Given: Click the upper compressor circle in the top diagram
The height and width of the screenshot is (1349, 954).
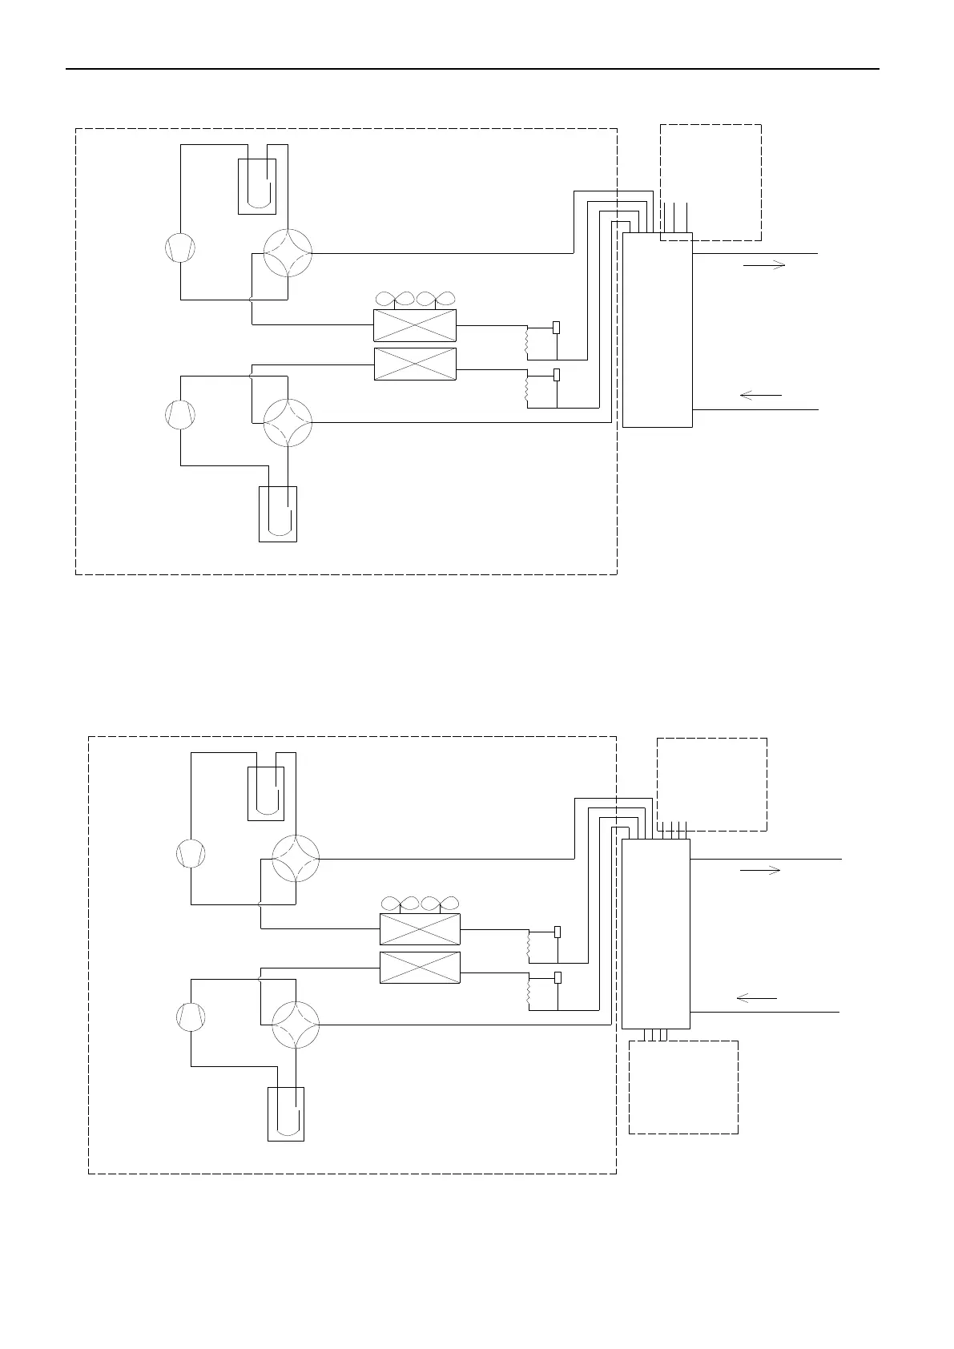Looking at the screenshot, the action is point(180,248).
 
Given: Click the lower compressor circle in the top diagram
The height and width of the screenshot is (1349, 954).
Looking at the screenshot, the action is point(180,415).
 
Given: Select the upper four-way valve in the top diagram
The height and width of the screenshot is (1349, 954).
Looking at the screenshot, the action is point(288,252).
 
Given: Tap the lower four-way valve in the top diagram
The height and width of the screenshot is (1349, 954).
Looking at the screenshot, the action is point(288,422).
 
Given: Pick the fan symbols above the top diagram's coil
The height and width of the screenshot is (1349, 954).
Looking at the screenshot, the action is point(415,299).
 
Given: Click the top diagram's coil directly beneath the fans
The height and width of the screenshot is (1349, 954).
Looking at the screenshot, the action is point(415,326).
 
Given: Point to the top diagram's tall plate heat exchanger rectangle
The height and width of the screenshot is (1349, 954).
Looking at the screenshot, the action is point(657,331).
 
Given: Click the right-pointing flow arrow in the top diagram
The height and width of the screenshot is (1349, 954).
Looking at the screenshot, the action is point(764,265).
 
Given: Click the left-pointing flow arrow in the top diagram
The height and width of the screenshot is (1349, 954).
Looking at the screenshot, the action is point(761,395).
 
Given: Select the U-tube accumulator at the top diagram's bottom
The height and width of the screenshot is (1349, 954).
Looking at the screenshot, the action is point(278,513).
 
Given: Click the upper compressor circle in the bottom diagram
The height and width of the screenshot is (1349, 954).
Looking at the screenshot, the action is point(191,853).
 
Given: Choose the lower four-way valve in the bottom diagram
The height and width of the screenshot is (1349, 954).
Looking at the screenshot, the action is point(296,1025).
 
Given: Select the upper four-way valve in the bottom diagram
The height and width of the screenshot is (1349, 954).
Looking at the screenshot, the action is point(296,858).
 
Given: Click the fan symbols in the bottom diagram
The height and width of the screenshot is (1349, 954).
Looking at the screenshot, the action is point(420,904).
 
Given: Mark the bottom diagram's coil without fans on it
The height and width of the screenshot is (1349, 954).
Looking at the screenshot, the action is point(420,968).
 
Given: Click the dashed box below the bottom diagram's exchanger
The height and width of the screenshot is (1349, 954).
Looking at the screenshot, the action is point(683,1087).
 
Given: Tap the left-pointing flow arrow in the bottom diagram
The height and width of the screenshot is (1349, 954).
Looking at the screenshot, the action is point(756,998).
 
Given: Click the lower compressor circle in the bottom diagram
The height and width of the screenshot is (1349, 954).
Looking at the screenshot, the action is point(191,1017).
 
